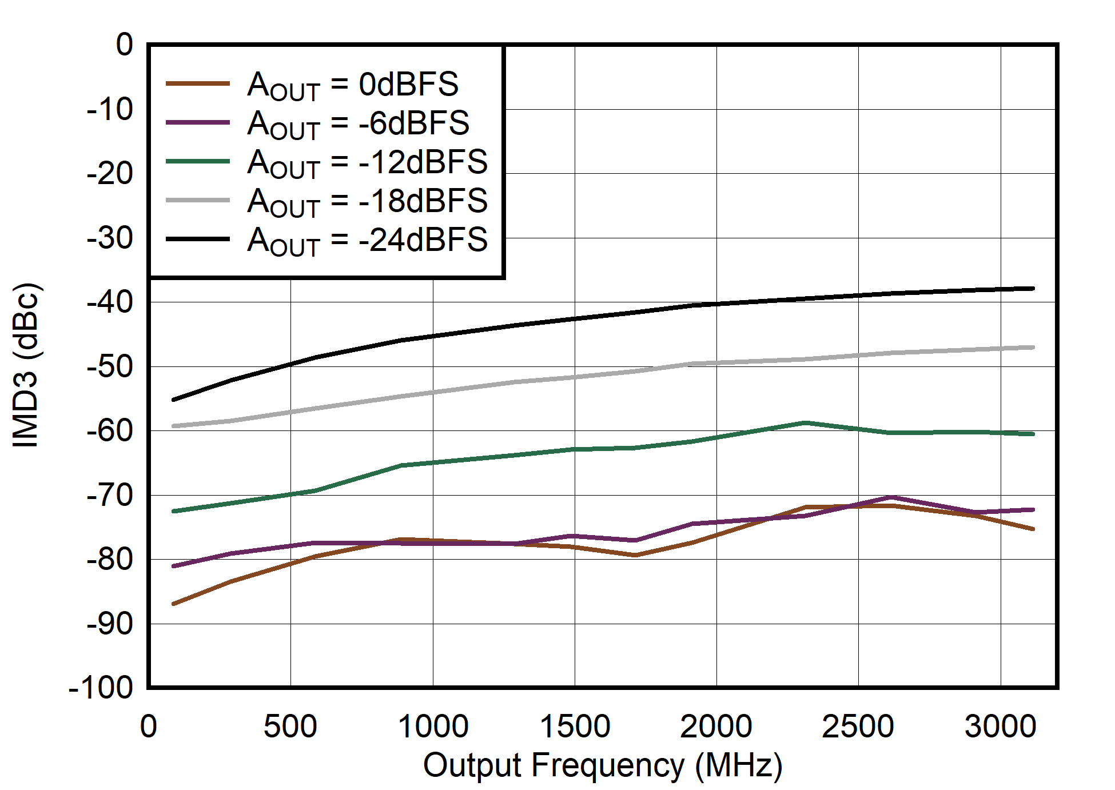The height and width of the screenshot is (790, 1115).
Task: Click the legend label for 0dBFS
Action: coord(353,85)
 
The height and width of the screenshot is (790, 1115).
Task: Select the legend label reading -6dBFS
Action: coord(359,124)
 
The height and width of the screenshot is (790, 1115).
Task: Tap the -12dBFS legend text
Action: coord(367,163)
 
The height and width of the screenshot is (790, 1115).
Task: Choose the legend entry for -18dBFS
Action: coord(367,202)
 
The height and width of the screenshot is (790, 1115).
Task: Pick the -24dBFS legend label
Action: coord(367,241)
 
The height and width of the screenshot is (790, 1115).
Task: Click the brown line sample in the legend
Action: coord(197,84)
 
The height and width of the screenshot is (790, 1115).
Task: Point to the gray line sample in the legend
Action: coord(197,201)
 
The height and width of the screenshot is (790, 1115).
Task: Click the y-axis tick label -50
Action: coord(110,366)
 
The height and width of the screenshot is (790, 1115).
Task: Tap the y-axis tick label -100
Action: coord(101,688)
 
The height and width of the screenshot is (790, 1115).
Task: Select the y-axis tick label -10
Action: coord(110,109)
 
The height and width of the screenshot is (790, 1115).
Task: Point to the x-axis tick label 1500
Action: coord(575,727)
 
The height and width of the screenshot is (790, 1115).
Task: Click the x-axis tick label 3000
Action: coord(1000,727)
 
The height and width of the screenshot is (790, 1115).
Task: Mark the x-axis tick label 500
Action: coord(290,727)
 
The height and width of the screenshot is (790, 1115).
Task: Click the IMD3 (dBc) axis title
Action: coord(26,365)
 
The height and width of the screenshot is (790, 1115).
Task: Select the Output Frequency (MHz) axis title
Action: coord(603,766)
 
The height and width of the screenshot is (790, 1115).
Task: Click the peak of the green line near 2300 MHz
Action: coord(805,423)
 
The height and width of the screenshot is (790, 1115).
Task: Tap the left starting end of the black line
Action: coord(173,400)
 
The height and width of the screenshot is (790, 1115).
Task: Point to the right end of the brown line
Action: coord(1033,529)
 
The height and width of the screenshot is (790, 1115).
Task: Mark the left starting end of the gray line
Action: coord(173,426)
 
